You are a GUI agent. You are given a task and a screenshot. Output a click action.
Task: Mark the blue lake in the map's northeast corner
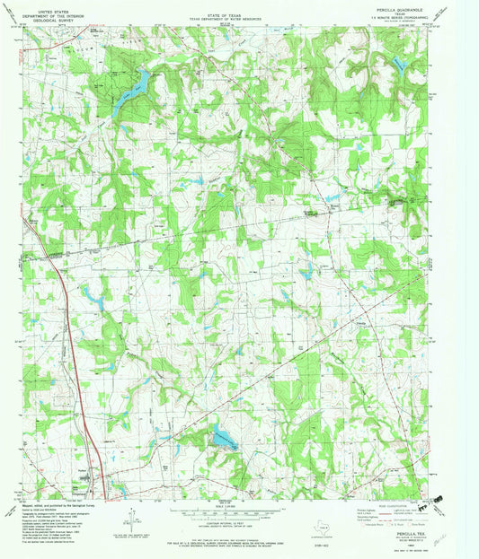pos(395,63)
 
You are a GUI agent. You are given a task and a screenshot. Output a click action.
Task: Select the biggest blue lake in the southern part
pos(220,438)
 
